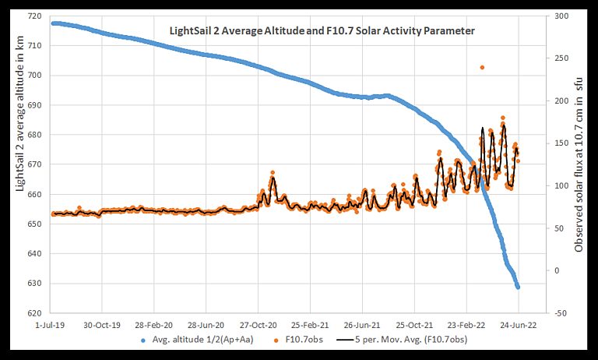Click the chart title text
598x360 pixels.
[322, 31]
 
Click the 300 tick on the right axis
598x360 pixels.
[559, 16]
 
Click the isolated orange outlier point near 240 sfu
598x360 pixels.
[482, 67]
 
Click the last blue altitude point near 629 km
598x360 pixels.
[518, 287]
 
